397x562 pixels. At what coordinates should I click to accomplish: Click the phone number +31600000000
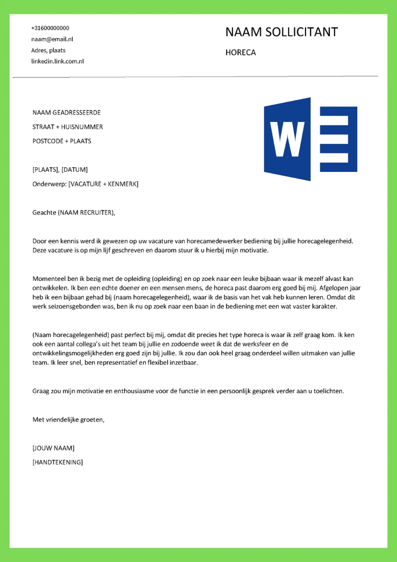pos(50,28)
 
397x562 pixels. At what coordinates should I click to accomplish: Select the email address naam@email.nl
pos(52,39)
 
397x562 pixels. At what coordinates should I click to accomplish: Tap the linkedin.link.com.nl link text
pos(57,61)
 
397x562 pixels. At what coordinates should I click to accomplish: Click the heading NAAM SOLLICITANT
pos(281,32)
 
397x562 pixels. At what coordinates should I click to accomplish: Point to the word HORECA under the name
pos(240,52)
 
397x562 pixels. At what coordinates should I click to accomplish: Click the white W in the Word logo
pos(287,139)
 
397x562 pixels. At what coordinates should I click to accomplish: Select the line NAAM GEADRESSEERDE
pos(67,112)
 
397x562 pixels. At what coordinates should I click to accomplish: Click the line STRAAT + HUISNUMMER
pos(67,127)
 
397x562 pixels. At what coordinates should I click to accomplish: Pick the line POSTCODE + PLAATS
pos(62,141)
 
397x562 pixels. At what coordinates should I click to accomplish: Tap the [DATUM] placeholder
pos(74,169)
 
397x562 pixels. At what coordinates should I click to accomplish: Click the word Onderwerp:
pos(49,184)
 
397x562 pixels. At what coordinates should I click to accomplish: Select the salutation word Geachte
pos(44,212)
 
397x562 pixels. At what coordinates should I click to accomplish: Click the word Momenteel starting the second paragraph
pos(49,279)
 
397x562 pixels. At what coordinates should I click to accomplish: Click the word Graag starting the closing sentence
pos(41,391)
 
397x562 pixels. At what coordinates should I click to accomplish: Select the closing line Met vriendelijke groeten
pos(68,419)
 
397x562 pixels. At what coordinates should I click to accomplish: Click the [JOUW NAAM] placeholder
pos(53,448)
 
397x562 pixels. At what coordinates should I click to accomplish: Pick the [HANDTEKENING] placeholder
pos(57,462)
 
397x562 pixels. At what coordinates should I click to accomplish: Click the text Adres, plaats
pos(48,50)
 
